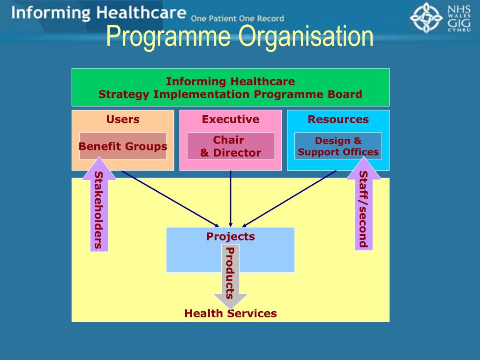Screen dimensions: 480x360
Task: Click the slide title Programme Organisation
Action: pyautogui.click(x=240, y=37)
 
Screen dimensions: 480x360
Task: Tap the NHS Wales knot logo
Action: pyautogui.click(x=426, y=18)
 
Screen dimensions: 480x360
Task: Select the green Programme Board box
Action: pyautogui.click(x=230, y=87)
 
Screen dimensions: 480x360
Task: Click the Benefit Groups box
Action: pyautogui.click(x=123, y=146)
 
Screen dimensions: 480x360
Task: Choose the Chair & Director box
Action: pyautogui.click(x=230, y=146)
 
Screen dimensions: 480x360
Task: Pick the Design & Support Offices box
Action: pyautogui.click(x=338, y=146)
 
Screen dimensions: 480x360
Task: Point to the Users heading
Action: pyautogui.click(x=123, y=119)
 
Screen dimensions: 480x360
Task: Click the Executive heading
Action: pyautogui.click(x=230, y=119)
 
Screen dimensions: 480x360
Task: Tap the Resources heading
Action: pyautogui.click(x=338, y=119)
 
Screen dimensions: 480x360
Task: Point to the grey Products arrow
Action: pyautogui.click(x=230, y=277)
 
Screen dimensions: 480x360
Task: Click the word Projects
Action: pyautogui.click(x=230, y=236)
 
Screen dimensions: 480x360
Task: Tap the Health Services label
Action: pyautogui.click(x=230, y=313)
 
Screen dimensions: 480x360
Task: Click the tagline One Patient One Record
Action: pyautogui.click(x=237, y=19)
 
